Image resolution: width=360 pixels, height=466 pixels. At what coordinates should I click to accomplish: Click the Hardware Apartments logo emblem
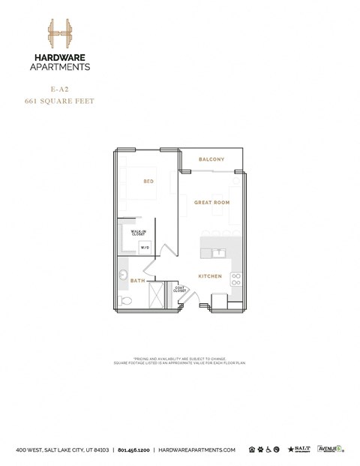point(59,34)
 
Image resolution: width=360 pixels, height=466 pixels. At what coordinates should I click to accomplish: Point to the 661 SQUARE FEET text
point(59,100)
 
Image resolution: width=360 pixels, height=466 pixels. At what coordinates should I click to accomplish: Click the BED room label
point(148,181)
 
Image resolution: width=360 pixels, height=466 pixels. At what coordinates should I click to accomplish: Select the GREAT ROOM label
point(211,203)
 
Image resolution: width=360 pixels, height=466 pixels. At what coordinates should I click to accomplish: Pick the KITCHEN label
point(209,276)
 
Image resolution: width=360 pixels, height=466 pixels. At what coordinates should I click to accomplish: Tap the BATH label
point(137,281)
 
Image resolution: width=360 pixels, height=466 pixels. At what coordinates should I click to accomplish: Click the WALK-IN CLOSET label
point(139,233)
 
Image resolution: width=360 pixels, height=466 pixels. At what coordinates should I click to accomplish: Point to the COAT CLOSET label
point(180,289)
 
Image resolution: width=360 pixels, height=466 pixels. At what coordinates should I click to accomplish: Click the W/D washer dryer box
point(145,248)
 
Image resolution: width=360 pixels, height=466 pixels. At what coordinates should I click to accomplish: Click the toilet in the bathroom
point(126,301)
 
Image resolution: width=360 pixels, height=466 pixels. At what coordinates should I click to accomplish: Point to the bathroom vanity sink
point(123,275)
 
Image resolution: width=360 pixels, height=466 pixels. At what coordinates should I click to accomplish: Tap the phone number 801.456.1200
point(133,449)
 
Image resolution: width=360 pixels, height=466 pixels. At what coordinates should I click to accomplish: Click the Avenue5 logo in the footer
point(330,449)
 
